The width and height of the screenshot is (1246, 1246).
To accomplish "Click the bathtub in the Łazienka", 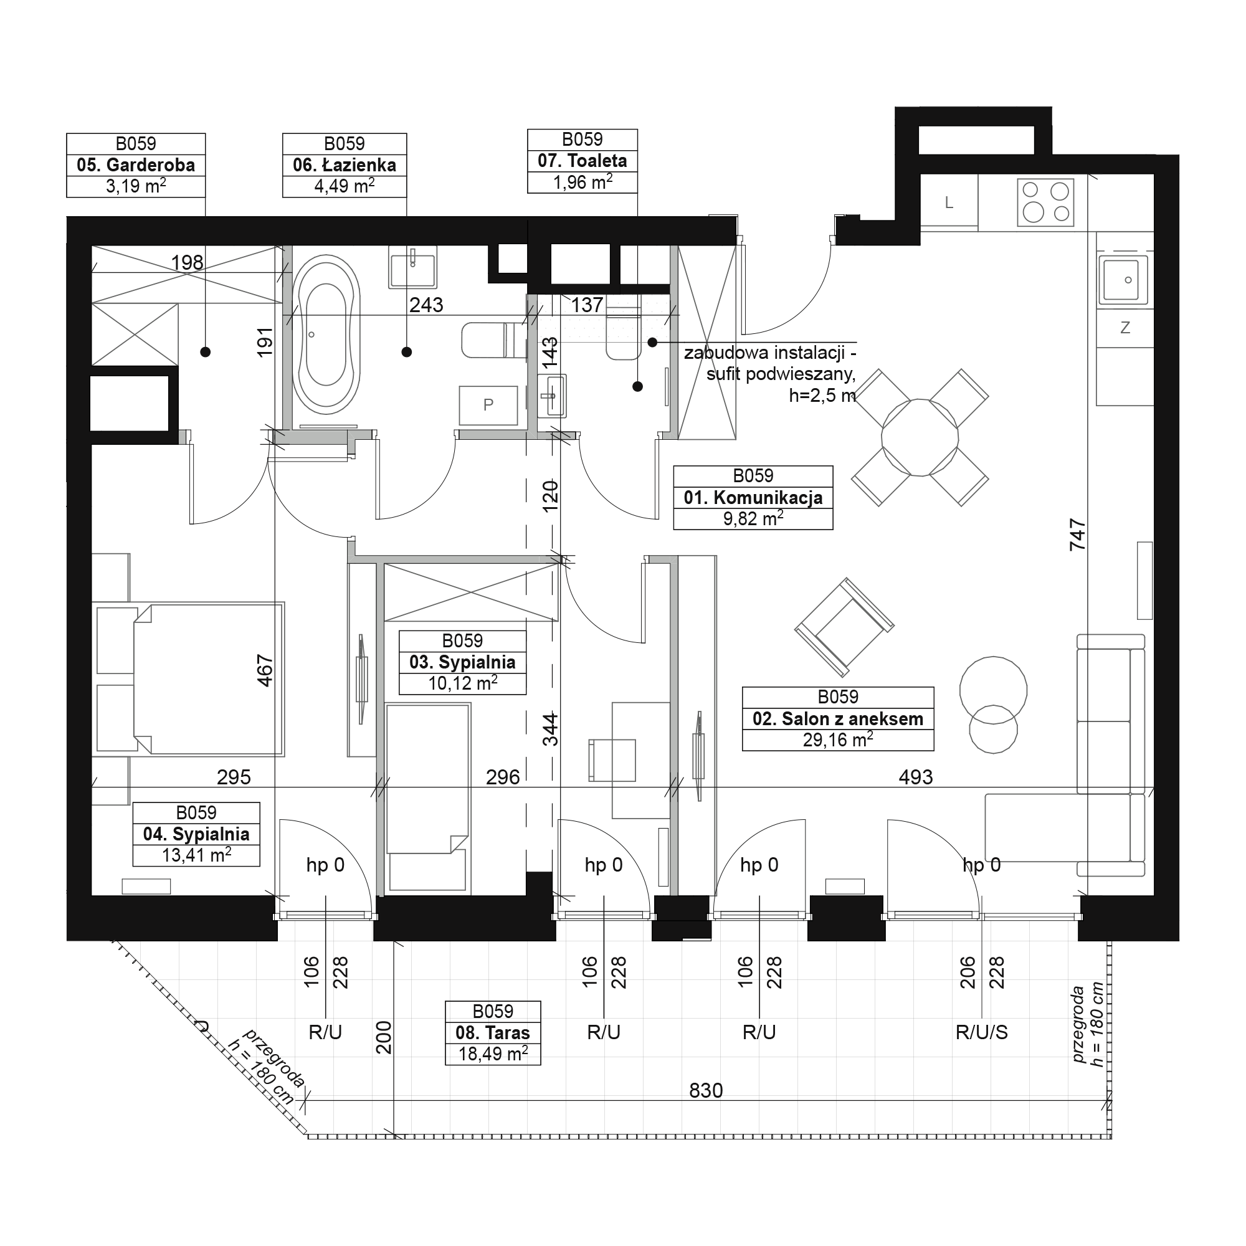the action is click(326, 335).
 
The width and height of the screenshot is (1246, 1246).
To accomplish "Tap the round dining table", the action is click(920, 438).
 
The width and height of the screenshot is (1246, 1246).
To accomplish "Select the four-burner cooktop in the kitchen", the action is click(1045, 202).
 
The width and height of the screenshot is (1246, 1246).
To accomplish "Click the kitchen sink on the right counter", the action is click(1125, 279).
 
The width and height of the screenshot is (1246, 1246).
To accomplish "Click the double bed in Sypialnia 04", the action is click(188, 679).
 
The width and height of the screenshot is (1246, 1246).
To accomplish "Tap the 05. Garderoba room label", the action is click(136, 165).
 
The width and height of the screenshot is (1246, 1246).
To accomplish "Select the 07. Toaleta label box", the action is click(583, 161).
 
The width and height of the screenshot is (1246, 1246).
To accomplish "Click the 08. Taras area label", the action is click(493, 1032).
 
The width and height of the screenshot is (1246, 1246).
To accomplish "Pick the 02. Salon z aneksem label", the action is click(838, 718).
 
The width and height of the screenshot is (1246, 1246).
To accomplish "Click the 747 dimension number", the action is click(1077, 535).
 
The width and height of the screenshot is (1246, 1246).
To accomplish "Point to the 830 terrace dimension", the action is click(706, 1091).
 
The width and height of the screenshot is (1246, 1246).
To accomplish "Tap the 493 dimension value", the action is click(916, 777).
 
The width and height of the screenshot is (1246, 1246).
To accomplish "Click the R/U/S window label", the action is click(982, 1032).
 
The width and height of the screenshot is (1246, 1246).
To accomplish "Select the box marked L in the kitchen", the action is click(949, 202).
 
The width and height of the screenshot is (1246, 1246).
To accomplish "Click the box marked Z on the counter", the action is click(1125, 328).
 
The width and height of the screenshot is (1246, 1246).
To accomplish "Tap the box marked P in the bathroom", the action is click(488, 405).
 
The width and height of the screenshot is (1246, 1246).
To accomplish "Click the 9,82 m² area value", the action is click(753, 518).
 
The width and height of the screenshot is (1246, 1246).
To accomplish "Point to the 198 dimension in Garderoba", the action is click(187, 262).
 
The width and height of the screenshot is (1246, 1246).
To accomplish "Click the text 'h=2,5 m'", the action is click(822, 395).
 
